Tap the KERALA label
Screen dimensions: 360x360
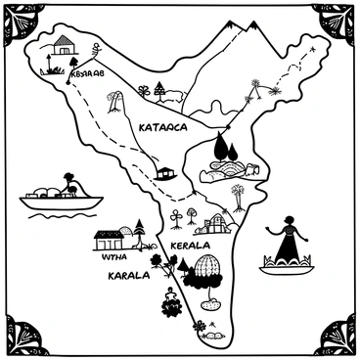(192, 245)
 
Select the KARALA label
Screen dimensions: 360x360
(128, 276)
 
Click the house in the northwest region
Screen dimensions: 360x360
(64, 45)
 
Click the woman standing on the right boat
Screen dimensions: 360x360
(287, 240)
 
